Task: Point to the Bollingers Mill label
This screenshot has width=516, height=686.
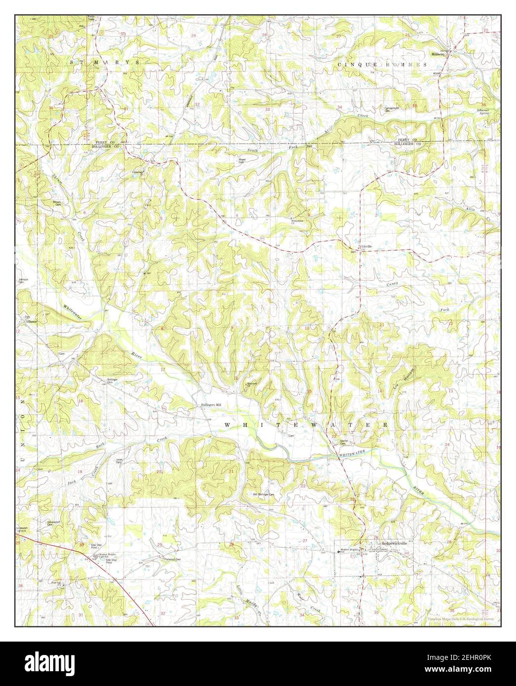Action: [211, 405]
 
